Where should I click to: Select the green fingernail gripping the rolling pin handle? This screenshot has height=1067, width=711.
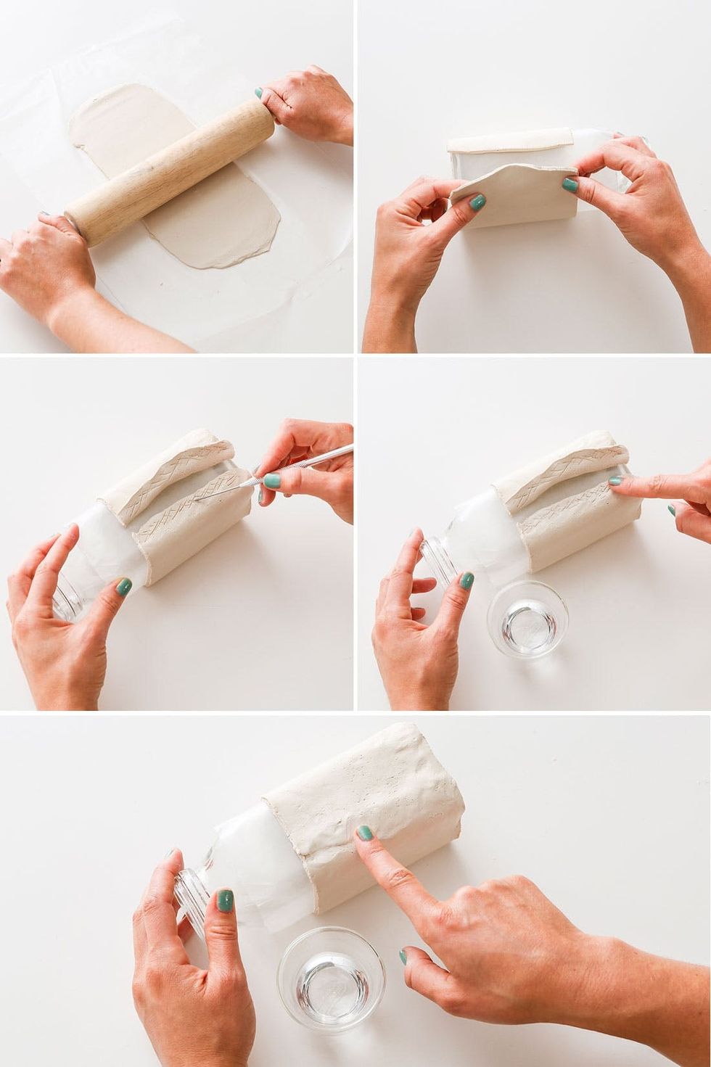click(x=258, y=93)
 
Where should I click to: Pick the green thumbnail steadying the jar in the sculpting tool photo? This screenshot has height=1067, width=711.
click(x=124, y=585)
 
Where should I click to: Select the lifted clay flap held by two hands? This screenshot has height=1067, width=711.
click(x=508, y=185)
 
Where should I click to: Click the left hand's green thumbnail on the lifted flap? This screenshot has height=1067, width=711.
click(x=477, y=203)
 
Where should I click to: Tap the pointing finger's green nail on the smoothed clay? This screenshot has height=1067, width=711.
click(x=366, y=834)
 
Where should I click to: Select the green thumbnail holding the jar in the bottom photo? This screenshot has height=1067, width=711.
click(x=225, y=902)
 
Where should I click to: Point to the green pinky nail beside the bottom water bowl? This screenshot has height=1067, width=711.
click(x=402, y=955)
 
